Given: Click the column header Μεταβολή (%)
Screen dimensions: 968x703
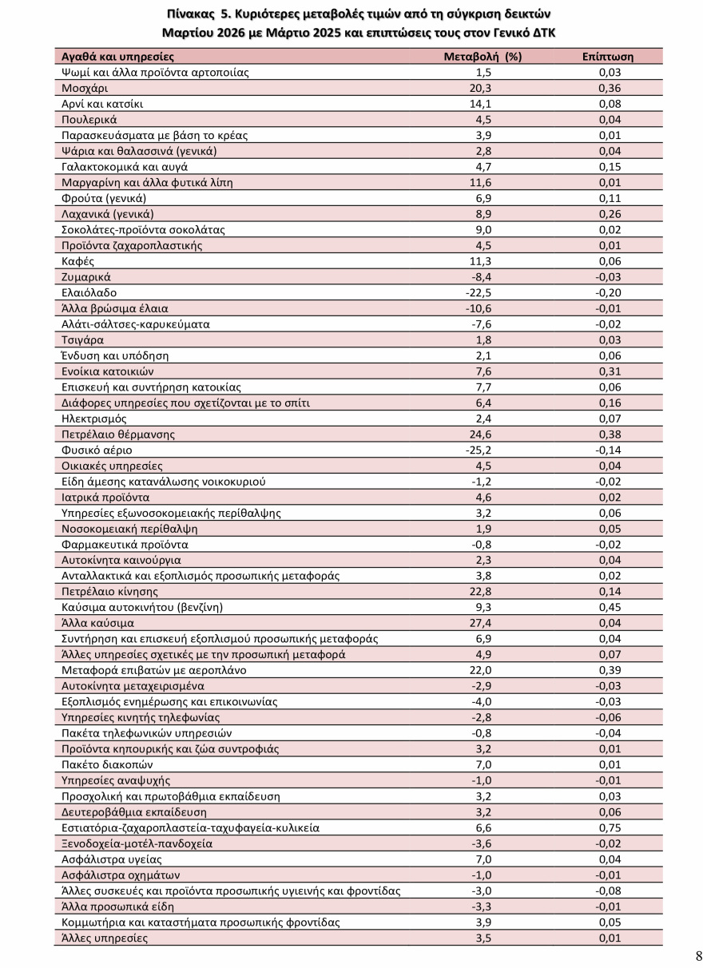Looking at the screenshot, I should point(482,57).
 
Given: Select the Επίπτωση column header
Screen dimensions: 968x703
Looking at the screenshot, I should point(608,57).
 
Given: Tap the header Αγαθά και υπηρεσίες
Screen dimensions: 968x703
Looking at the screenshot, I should point(117,57).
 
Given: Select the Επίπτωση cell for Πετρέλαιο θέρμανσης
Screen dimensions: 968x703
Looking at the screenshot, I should point(610,434).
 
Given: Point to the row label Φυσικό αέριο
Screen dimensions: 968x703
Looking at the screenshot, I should point(97,450).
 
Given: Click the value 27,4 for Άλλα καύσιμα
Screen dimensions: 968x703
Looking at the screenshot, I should point(483,623).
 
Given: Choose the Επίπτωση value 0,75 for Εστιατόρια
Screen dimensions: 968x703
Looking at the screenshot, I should point(610,827).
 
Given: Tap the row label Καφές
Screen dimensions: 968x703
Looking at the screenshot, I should point(78,261).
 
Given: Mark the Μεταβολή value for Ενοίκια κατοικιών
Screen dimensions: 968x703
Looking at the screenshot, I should point(483,371).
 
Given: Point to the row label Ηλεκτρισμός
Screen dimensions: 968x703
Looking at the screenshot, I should point(93,419).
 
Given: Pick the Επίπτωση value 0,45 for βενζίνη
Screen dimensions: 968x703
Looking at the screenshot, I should point(610,607).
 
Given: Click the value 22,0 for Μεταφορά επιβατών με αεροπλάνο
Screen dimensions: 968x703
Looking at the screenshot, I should point(483,670).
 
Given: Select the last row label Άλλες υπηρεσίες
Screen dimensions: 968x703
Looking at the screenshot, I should point(105,938).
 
